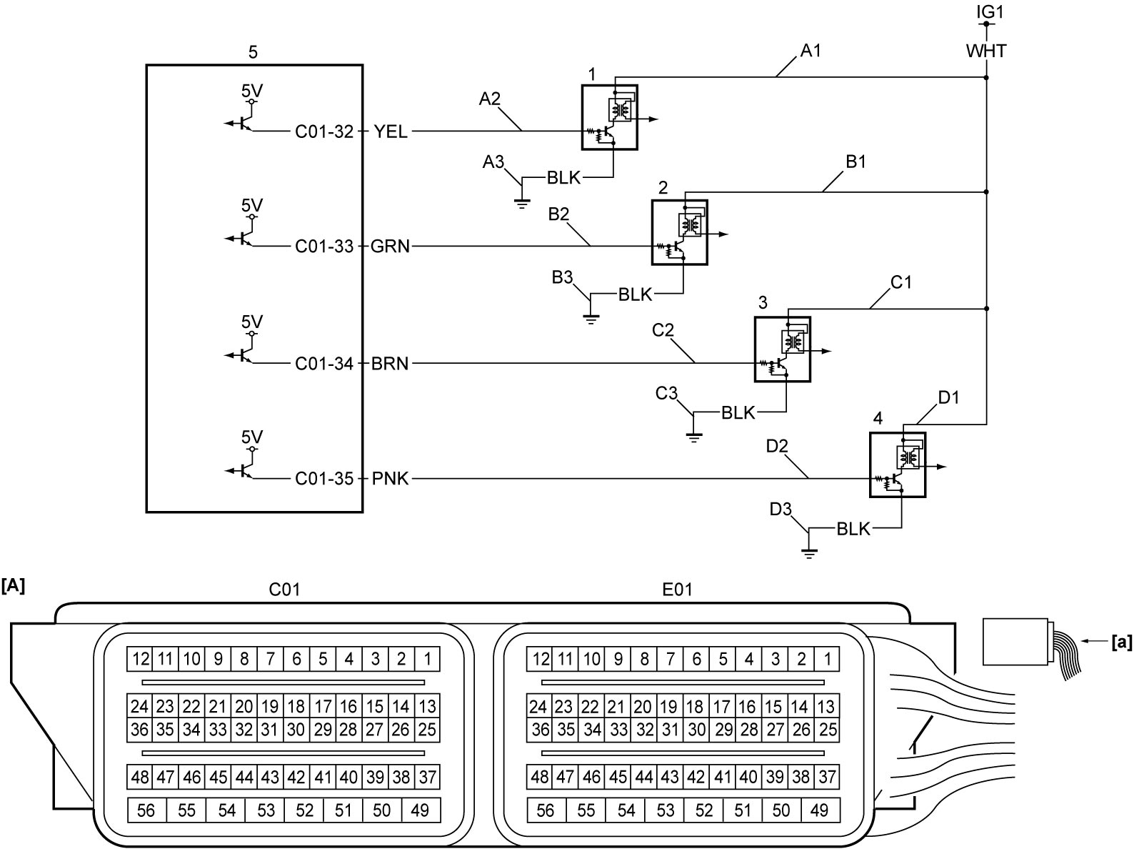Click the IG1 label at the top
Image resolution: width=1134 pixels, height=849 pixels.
click(x=990, y=11)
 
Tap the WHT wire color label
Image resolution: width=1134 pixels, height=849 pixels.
click(x=986, y=51)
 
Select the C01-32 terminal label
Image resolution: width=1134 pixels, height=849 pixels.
click(x=324, y=131)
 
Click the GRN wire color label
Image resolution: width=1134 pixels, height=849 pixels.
click(x=390, y=247)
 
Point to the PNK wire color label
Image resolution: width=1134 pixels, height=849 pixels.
click(x=390, y=479)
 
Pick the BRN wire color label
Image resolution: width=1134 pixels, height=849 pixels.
click(x=390, y=364)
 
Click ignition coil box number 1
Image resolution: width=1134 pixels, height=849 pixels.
click(x=610, y=118)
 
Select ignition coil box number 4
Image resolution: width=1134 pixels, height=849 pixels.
click(x=898, y=465)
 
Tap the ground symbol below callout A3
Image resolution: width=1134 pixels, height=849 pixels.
click(x=522, y=203)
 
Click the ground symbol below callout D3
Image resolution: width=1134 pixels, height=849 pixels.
click(x=809, y=554)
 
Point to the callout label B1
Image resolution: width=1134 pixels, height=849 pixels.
click(x=855, y=162)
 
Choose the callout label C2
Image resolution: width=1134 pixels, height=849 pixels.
click(x=663, y=330)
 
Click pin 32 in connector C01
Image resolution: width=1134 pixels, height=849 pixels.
click(x=244, y=730)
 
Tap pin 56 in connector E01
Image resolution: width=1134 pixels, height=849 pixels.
click(x=546, y=810)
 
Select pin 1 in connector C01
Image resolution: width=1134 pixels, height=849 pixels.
click(x=427, y=659)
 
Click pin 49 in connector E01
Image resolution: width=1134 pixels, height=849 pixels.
click(x=820, y=810)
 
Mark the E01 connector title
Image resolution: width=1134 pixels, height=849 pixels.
click(x=677, y=590)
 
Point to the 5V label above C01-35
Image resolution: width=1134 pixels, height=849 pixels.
click(x=252, y=437)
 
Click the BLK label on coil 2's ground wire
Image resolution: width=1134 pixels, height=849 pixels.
click(x=635, y=294)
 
